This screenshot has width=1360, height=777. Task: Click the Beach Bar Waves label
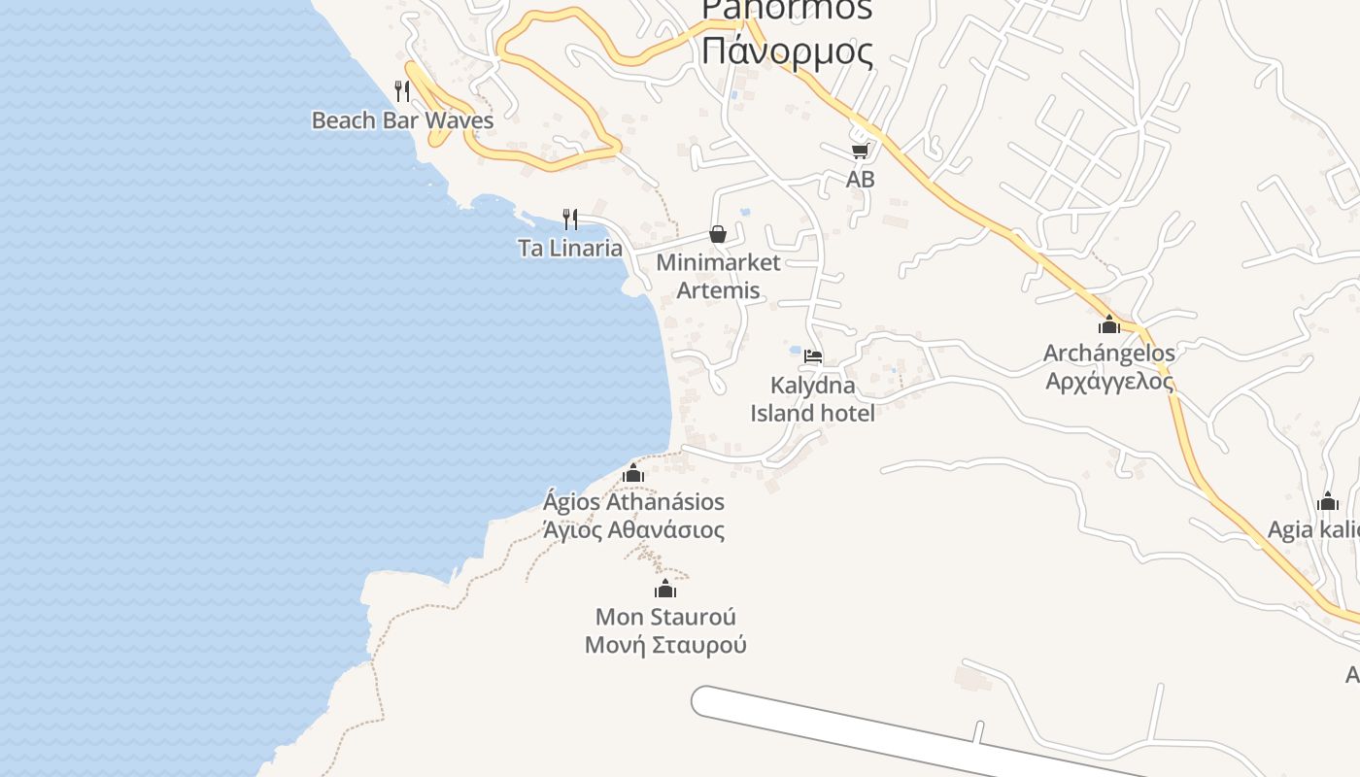(402, 120)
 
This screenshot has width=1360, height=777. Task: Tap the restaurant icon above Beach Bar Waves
(402, 91)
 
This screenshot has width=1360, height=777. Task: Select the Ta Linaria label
(570, 248)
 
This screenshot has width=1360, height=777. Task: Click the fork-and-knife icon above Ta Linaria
(570, 219)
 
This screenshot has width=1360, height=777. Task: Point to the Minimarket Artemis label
(718, 276)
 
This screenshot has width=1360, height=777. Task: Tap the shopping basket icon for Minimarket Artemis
(718, 234)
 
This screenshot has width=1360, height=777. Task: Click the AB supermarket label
(860, 179)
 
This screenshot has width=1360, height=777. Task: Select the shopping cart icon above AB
(860, 151)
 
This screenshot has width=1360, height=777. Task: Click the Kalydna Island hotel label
(813, 399)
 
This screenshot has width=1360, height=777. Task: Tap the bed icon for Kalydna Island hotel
(813, 356)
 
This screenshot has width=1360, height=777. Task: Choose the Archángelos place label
(1109, 353)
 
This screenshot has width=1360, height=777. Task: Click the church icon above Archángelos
(1109, 324)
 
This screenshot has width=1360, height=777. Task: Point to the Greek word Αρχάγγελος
(1109, 381)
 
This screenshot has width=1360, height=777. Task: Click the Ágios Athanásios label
(633, 502)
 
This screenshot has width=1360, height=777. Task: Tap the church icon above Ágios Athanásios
(633, 473)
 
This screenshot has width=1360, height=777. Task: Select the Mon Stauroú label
(665, 617)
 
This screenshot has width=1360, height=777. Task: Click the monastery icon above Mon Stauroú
(665, 589)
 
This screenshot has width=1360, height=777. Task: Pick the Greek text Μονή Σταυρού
(665, 645)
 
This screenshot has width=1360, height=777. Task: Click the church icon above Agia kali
(1328, 502)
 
